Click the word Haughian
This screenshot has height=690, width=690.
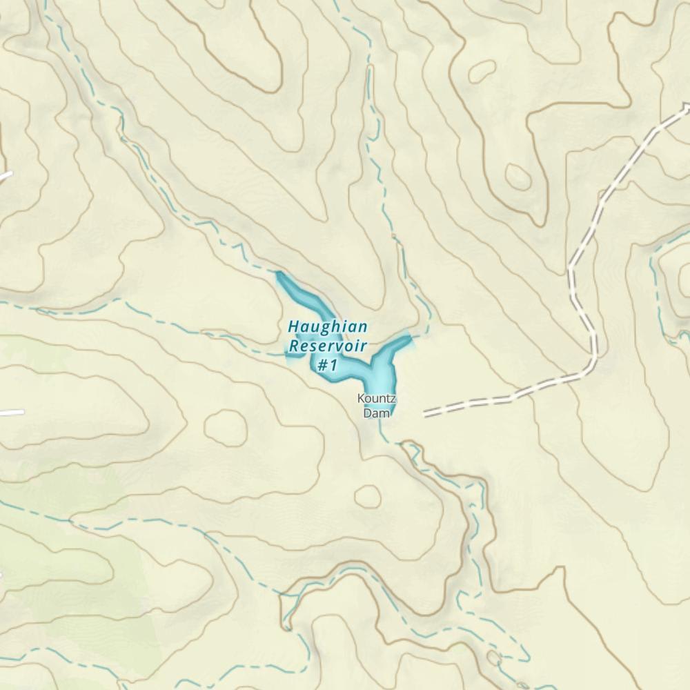(x=328, y=326)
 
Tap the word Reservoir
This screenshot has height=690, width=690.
(x=327, y=345)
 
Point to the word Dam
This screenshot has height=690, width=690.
(x=377, y=413)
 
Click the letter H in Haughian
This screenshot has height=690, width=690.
(x=293, y=326)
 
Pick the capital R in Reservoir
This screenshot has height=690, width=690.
(x=295, y=345)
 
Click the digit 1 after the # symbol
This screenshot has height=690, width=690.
(x=333, y=365)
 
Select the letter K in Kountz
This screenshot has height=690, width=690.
(x=361, y=398)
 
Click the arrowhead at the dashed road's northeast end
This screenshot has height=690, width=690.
(x=686, y=106)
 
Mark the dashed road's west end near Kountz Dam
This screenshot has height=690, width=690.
(x=425, y=415)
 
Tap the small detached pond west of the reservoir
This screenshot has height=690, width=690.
(x=293, y=355)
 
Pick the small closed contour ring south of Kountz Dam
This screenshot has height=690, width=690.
(x=367, y=495)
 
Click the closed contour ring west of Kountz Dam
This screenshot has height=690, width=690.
(x=225, y=426)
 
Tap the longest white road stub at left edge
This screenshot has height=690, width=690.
(x=10, y=413)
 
